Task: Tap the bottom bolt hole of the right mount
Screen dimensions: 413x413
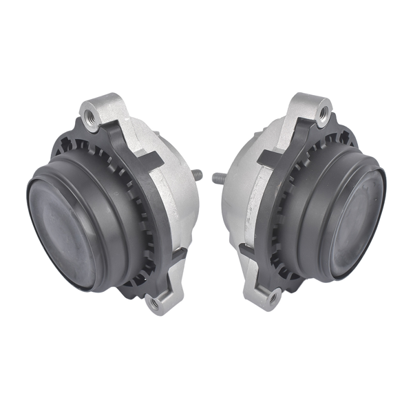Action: tap(273, 298)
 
